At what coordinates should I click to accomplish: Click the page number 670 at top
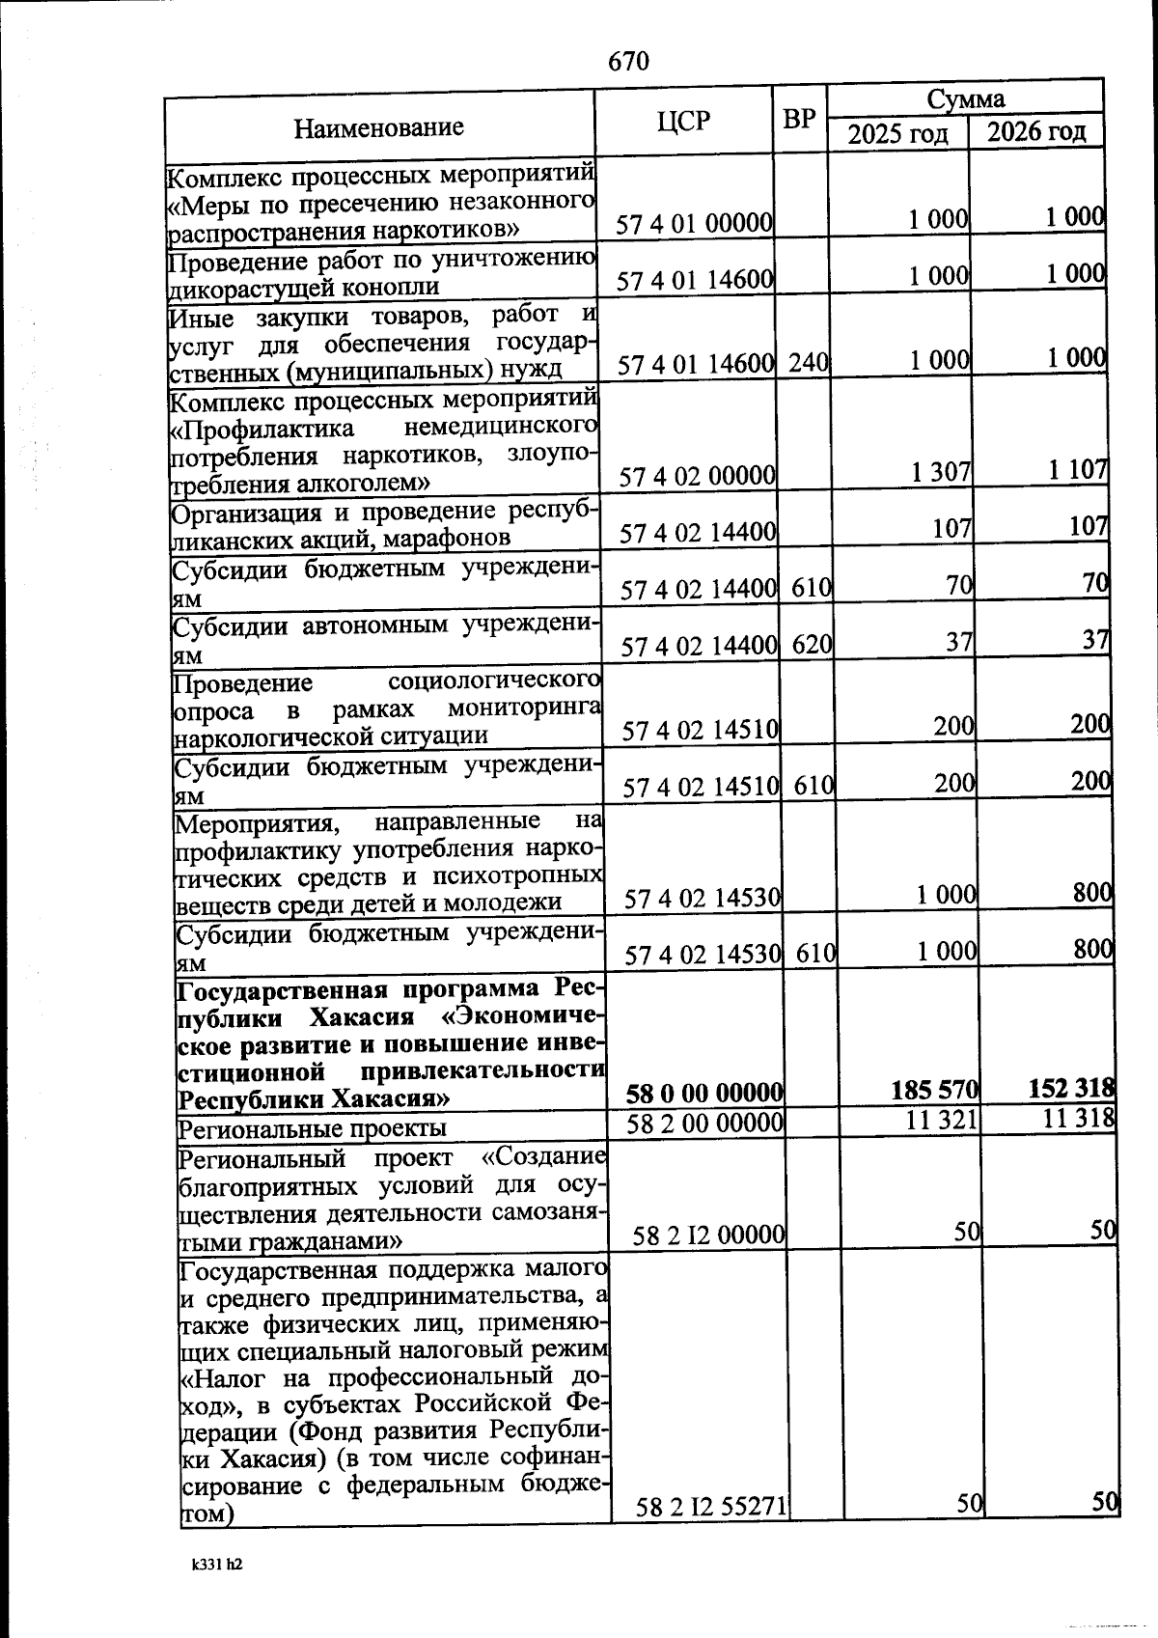click(x=628, y=62)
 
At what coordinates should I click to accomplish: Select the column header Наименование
click(x=378, y=127)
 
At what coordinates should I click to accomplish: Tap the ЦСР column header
click(x=682, y=122)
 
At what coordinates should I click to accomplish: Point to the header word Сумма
click(x=965, y=98)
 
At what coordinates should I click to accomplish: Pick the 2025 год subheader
click(x=897, y=133)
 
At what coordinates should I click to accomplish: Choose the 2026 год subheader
click(x=1035, y=131)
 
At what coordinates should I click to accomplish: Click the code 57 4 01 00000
click(x=695, y=224)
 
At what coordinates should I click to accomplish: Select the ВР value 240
click(x=808, y=363)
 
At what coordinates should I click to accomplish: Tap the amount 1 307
click(x=941, y=472)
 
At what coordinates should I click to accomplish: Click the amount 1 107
click(x=1079, y=470)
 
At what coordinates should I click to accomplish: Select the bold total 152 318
click(x=1072, y=1089)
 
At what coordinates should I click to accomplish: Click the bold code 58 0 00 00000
click(x=703, y=1094)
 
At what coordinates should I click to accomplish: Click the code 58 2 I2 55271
click(x=711, y=1533)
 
